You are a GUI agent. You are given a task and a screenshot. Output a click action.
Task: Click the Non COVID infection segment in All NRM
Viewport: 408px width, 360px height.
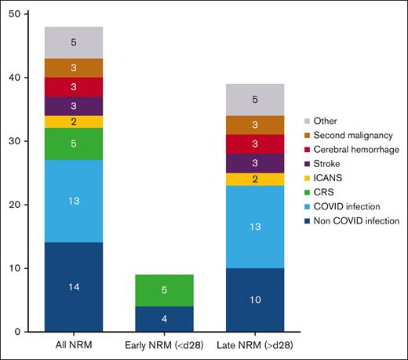click(74, 287)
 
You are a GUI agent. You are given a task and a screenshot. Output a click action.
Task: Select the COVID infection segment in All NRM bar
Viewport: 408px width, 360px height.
click(74, 201)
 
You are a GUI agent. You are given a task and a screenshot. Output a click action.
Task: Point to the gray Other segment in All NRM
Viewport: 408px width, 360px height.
click(74, 42)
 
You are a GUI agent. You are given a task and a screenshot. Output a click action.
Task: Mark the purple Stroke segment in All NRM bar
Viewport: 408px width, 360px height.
click(74, 106)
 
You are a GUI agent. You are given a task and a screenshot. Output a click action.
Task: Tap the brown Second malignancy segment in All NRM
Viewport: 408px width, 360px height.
click(74, 67)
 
